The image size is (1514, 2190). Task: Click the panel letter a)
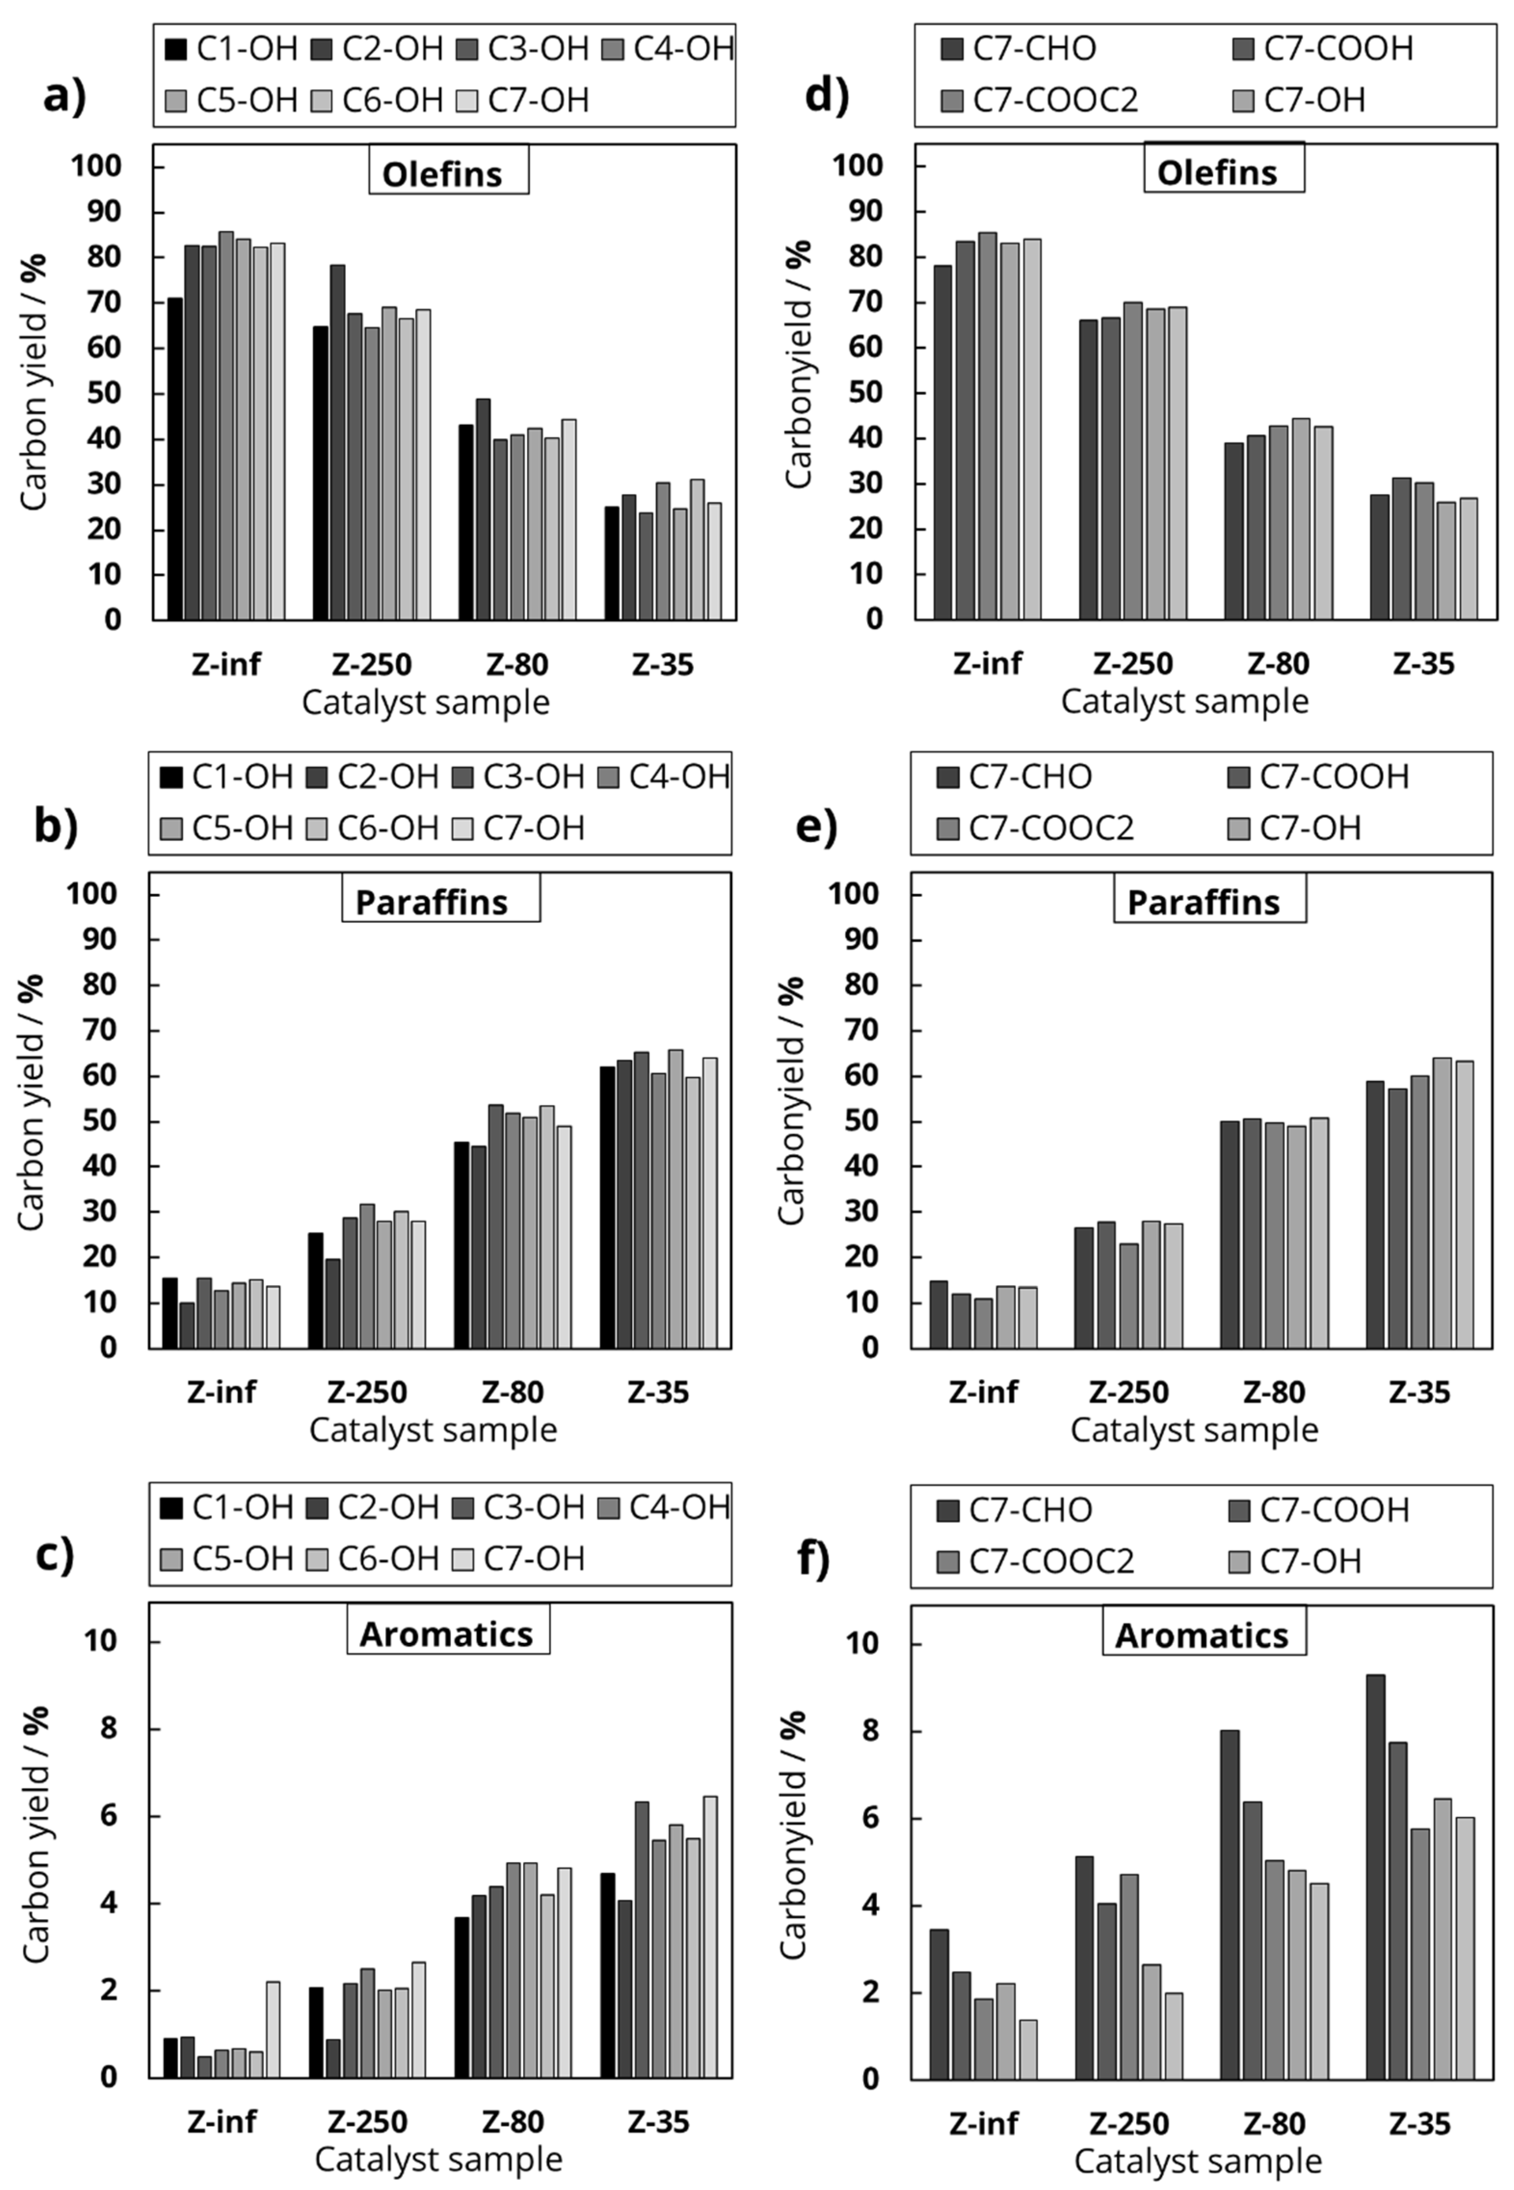point(65,97)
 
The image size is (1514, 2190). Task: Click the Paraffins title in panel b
point(440,901)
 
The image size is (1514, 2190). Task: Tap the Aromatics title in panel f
point(1203,1635)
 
